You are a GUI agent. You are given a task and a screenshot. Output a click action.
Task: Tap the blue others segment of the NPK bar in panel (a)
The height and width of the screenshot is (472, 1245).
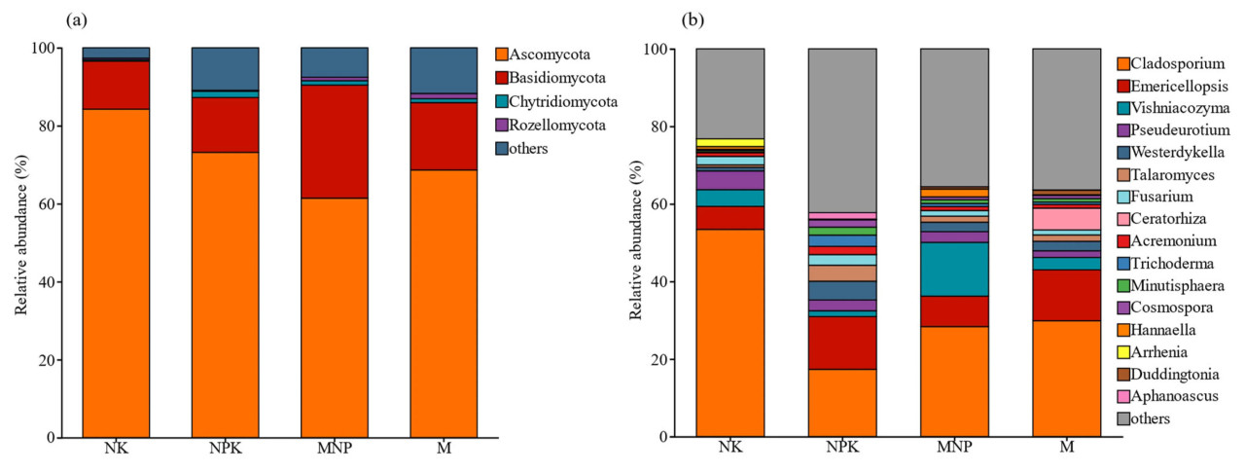point(225,67)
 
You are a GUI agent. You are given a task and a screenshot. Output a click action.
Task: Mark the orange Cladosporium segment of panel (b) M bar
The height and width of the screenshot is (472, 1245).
point(1066,379)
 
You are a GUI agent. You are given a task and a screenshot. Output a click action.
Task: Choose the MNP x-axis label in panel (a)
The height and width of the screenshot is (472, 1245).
point(335,452)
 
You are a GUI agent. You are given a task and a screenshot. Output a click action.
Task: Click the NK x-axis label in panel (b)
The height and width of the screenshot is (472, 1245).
point(729,452)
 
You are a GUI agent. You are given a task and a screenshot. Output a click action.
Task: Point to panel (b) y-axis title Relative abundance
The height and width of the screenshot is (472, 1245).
point(637,243)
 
